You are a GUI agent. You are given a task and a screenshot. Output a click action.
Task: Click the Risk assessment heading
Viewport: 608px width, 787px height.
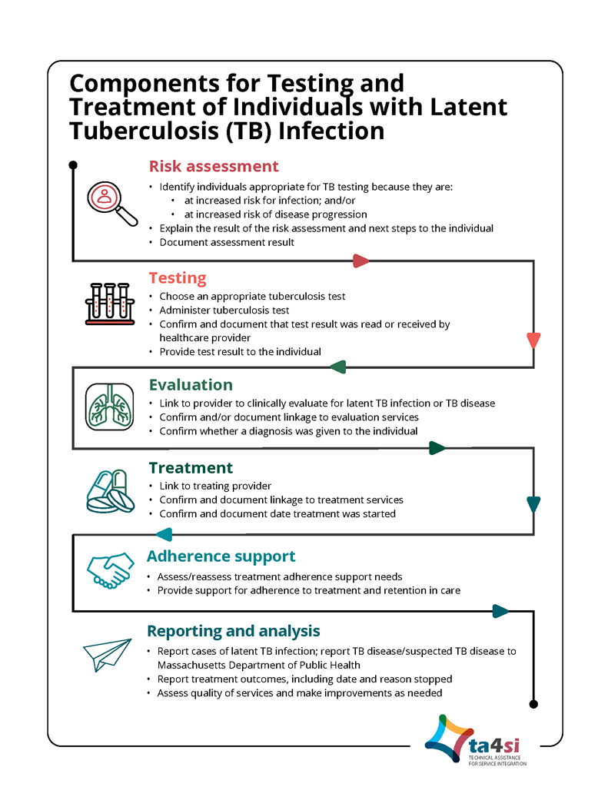[x=214, y=167]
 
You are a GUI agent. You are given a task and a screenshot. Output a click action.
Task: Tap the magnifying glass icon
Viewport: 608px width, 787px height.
[x=111, y=202]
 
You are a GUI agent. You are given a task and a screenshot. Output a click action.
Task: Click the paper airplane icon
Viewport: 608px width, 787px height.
[x=103, y=653]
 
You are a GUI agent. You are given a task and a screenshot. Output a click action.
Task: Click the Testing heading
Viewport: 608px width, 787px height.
[x=178, y=278]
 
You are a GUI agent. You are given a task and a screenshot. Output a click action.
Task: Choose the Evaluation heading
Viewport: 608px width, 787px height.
[x=191, y=385]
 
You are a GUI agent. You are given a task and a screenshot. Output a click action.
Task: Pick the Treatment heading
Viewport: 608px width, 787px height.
[x=191, y=468]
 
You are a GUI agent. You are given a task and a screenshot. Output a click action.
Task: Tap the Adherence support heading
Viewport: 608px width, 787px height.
[x=221, y=556]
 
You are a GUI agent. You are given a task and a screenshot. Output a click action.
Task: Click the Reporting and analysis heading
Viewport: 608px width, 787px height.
[x=233, y=631]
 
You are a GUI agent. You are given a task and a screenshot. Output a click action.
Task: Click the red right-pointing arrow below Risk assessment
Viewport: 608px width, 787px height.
[x=360, y=261]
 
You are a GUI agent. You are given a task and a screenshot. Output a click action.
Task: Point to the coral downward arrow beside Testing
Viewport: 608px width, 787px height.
[x=533, y=340]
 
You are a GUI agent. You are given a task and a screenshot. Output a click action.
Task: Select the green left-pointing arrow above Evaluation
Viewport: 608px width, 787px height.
[x=338, y=367]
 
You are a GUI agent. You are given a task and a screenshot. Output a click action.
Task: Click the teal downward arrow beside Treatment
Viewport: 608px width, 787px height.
[x=533, y=505]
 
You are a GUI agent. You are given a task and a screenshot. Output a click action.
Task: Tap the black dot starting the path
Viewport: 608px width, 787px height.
[x=73, y=165]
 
